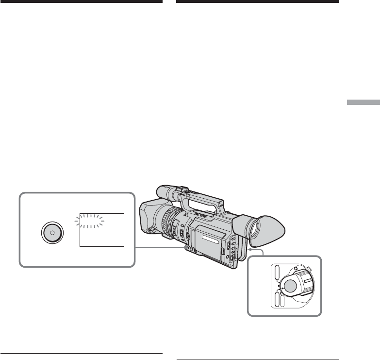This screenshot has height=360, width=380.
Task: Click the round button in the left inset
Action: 52,232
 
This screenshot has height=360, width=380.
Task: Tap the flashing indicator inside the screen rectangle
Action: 90,221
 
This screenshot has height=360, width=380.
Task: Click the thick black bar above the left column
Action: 81,2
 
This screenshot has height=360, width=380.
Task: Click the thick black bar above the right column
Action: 257,2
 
